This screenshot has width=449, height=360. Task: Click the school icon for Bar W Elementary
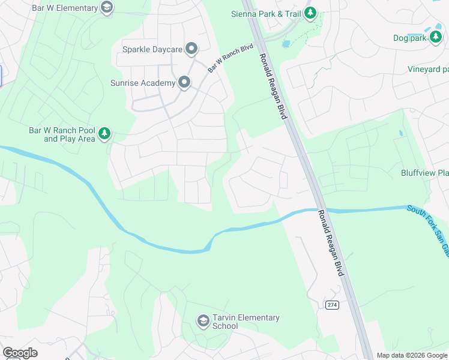point(107,8)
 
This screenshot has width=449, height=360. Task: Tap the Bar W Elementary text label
point(71,8)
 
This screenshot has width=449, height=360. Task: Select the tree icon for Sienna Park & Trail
point(310,13)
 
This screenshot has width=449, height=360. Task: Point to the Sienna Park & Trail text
point(266,13)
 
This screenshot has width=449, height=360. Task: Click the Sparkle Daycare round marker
point(191,49)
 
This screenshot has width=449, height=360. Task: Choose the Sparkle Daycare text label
point(151,49)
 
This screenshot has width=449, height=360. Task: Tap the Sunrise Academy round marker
point(184,83)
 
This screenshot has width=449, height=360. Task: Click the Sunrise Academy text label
point(143,83)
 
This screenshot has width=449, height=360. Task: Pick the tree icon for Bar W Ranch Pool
point(104,134)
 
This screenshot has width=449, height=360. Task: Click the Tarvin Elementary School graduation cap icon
point(203,322)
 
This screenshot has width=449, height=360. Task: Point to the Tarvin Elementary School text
point(246,322)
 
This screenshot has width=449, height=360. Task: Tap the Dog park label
point(409,38)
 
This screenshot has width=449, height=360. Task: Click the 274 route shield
point(332,305)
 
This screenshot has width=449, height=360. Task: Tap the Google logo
point(20,353)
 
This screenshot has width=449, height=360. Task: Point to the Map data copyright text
point(411,355)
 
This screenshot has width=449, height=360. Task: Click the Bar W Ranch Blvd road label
point(231,58)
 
